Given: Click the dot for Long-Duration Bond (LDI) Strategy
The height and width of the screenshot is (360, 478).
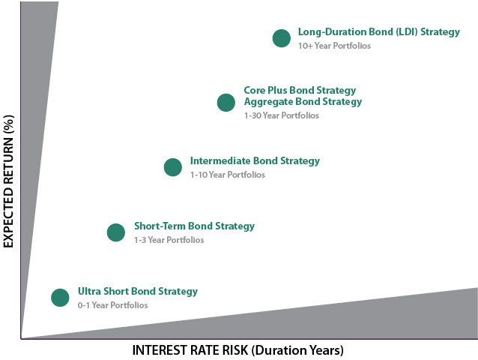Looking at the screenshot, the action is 282,38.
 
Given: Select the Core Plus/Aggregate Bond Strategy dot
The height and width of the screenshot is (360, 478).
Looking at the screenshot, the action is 226,103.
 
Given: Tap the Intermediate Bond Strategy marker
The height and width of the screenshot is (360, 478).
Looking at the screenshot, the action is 173,167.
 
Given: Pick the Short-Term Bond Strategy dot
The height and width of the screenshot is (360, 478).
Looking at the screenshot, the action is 116,232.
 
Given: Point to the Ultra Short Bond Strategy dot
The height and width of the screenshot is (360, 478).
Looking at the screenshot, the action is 60,298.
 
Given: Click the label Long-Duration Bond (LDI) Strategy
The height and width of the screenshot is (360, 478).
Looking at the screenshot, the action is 379,32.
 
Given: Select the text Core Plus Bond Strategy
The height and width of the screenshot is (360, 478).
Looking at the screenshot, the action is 300,90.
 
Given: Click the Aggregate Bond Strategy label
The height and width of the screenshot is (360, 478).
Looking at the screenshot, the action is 303,101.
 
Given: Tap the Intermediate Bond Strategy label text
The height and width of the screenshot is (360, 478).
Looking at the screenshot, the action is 255,160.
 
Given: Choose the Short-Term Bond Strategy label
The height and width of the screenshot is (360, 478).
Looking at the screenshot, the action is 195,226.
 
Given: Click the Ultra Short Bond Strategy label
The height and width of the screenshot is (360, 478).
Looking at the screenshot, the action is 138,291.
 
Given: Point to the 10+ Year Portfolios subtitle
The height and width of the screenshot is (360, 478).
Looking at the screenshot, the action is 334,46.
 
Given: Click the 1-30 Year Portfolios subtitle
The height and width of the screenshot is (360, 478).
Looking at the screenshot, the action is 282,115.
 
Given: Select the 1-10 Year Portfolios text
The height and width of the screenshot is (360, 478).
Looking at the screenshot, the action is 228,175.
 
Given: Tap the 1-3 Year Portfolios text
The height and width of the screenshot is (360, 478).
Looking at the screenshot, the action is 169,240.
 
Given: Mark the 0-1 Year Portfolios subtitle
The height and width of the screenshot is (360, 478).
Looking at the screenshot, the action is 113,305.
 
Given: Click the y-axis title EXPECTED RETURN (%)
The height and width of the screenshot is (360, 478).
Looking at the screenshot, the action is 8,181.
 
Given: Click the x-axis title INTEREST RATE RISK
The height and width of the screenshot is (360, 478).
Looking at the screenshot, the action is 190,350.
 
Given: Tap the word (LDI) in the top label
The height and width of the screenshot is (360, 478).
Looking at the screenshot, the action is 407,32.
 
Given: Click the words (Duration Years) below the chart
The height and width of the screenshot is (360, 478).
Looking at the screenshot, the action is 297,350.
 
